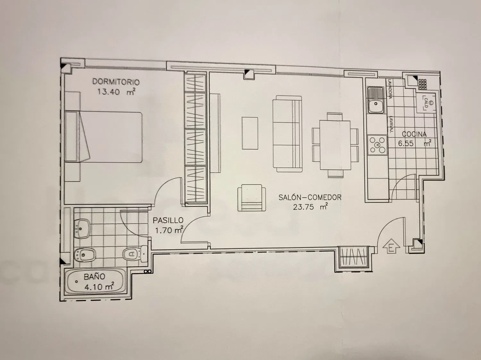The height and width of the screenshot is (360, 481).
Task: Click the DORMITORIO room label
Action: pyautogui.click(x=116, y=82)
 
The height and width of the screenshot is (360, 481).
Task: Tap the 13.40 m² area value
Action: pyautogui.click(x=116, y=92)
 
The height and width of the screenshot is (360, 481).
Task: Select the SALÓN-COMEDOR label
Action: pyautogui.click(x=310, y=197)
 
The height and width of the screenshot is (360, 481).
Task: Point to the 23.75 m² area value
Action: pyautogui.click(x=310, y=207)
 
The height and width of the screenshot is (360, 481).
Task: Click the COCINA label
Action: pyautogui.click(x=414, y=134)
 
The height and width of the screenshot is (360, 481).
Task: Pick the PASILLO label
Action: pyautogui.click(x=168, y=220)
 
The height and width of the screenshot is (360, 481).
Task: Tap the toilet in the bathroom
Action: pyautogui.click(x=135, y=254)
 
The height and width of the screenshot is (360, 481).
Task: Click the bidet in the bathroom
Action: pyautogui.click(x=85, y=255)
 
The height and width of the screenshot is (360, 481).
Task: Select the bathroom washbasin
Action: pyautogui.click(x=82, y=229)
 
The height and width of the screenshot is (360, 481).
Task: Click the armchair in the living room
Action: pyautogui.click(x=252, y=198)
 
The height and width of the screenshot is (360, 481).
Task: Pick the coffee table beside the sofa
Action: pyautogui.click(x=250, y=133)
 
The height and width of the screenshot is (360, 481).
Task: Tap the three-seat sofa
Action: pyautogui.click(x=287, y=134)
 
